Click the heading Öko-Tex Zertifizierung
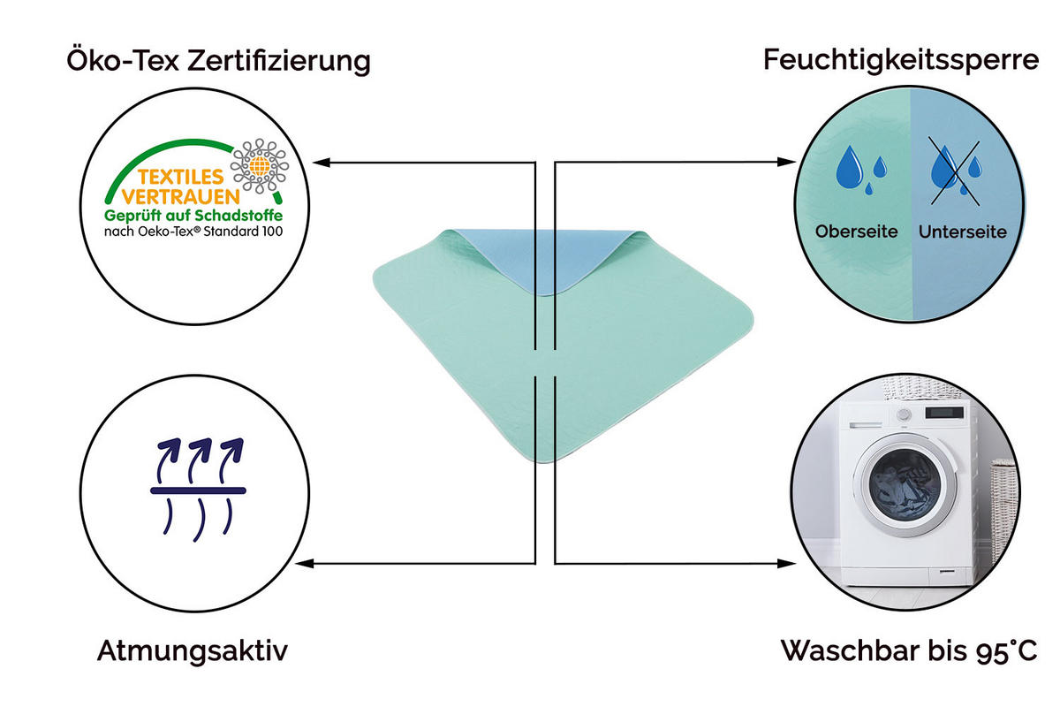(x=218, y=61)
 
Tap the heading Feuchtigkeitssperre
(x=901, y=60)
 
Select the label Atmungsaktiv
(x=192, y=651)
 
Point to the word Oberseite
(x=856, y=232)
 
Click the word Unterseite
(x=962, y=232)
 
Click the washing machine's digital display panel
(x=944, y=413)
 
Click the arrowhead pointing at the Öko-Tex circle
(x=322, y=163)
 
